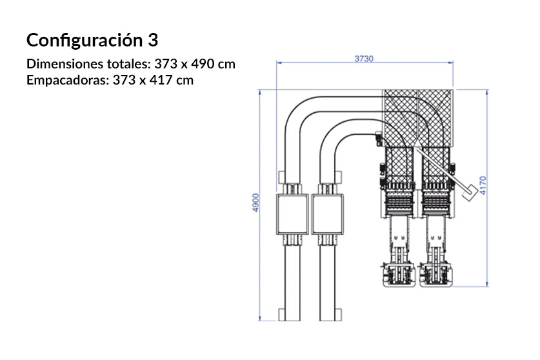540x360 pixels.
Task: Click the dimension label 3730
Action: point(364,58)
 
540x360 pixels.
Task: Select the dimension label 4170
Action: point(493,186)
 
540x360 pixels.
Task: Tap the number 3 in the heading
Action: point(152,40)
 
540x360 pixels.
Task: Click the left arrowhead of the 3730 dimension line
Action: point(278,63)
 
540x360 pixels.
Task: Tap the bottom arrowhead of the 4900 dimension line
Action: point(260,318)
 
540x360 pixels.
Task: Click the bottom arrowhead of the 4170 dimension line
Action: point(488,284)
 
